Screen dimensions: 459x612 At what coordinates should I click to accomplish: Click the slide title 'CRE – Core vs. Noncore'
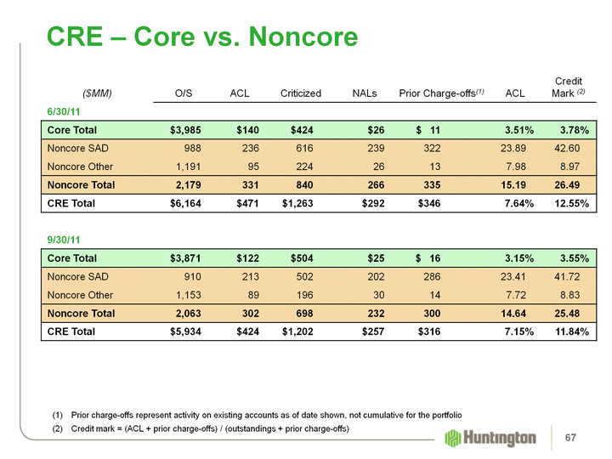(202, 37)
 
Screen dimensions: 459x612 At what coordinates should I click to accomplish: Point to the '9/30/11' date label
(62, 240)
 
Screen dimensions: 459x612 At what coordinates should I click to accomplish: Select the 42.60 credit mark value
(575, 148)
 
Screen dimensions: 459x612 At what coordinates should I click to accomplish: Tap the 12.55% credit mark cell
(569, 203)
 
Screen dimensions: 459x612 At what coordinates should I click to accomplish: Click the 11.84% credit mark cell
(569, 331)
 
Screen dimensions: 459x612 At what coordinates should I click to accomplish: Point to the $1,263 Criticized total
(297, 203)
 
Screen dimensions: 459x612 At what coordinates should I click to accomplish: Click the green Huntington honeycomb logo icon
(453, 438)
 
